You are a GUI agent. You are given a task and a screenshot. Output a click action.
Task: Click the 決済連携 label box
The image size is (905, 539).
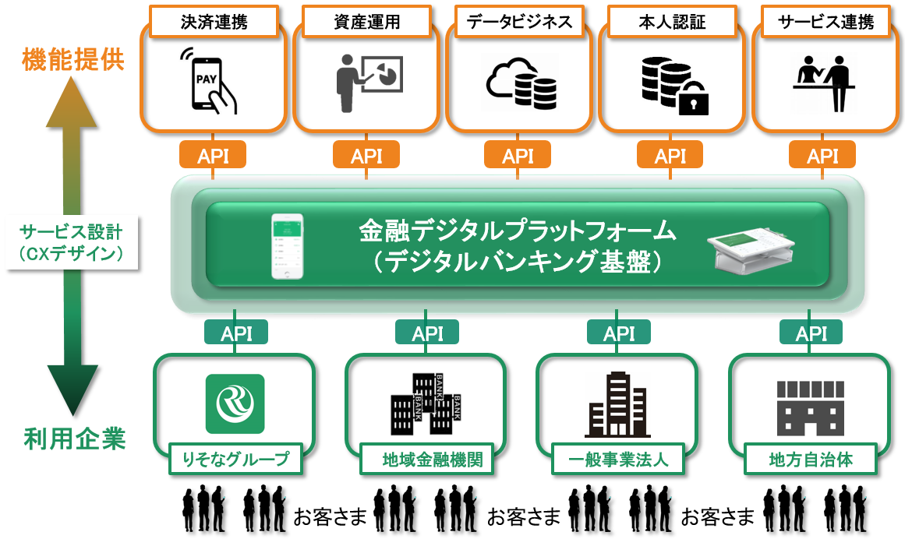tap(214, 23)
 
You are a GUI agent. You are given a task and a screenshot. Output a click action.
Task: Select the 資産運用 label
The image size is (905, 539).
tap(366, 23)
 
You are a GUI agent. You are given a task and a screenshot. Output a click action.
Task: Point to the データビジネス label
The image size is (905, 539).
tap(518, 23)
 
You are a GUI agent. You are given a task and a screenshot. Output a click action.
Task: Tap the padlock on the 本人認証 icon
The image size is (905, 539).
tap(692, 99)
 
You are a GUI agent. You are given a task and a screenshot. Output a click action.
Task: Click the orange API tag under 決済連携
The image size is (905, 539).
tap(214, 156)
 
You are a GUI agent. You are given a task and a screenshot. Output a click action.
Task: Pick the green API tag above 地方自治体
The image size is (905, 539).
tap(811, 334)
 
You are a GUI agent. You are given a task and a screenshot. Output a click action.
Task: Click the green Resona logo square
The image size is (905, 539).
tap(235, 403)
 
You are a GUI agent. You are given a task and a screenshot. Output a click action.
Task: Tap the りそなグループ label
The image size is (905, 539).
tap(235, 460)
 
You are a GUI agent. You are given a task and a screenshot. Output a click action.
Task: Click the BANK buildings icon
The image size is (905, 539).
tap(426, 403)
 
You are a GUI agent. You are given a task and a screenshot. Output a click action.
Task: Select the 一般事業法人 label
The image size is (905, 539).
tap(620, 460)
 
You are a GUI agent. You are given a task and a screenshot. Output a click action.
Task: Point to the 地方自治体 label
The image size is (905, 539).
tap(811, 460)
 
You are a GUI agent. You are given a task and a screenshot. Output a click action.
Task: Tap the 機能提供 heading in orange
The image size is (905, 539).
tap(73, 60)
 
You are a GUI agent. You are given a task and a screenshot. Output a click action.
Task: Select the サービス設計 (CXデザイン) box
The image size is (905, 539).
tap(72, 242)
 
